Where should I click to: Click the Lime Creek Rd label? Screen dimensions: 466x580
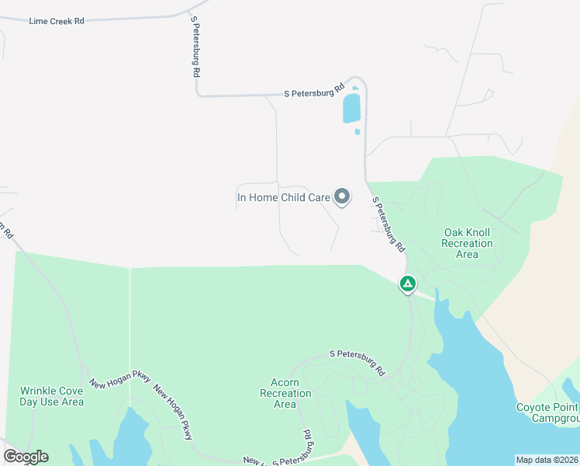pyautogui.click(x=56, y=21)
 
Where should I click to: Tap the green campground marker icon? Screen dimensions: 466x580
pyautogui.click(x=407, y=283)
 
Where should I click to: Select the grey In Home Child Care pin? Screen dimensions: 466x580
pyautogui.click(x=342, y=196)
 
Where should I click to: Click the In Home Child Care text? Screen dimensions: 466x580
pyautogui.click(x=283, y=197)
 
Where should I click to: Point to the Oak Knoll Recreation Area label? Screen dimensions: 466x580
pyautogui.click(x=467, y=243)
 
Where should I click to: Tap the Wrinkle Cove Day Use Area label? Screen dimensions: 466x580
pyautogui.click(x=51, y=396)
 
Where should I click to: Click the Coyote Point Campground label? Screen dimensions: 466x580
pyautogui.click(x=547, y=412)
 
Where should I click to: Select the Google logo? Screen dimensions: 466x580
pyautogui.click(x=26, y=457)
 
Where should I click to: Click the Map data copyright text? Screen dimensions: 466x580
pyautogui.click(x=547, y=460)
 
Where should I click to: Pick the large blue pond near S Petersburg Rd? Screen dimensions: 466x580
pyautogui.click(x=351, y=109)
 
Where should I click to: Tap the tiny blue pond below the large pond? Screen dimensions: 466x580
pyautogui.click(x=357, y=131)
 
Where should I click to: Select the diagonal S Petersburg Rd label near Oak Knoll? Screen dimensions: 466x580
pyautogui.click(x=388, y=224)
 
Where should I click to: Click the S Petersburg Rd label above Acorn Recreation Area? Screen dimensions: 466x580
pyautogui.click(x=357, y=363)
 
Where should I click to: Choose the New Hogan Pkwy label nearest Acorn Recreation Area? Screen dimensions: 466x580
pyautogui.click(x=173, y=412)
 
